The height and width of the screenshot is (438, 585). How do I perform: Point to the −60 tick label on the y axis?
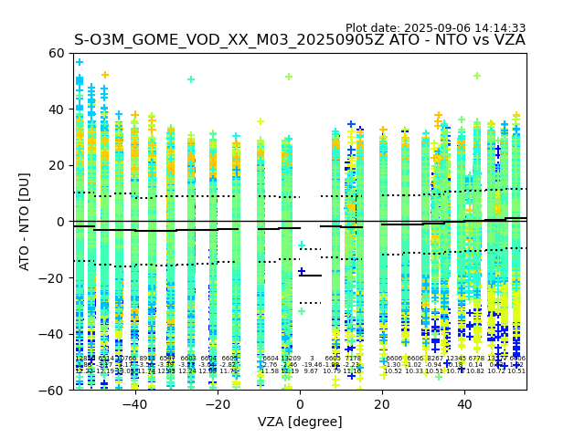(54, 390)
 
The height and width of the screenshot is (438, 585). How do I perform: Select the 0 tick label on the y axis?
(61, 222)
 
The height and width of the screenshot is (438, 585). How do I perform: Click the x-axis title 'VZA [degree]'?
(300, 422)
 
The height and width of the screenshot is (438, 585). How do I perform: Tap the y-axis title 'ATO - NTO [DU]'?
(26, 222)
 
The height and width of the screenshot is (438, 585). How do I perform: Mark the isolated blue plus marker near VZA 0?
(302, 271)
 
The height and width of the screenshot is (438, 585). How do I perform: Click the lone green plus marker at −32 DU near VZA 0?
(302, 311)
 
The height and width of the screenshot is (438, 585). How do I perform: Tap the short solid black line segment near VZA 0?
(310, 276)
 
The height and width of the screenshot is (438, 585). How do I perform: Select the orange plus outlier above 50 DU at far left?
(104, 75)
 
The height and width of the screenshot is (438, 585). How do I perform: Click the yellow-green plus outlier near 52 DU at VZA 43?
(477, 76)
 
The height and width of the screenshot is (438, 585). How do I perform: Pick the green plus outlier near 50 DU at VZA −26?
(191, 79)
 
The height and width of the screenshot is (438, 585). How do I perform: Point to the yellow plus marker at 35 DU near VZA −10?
(261, 121)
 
